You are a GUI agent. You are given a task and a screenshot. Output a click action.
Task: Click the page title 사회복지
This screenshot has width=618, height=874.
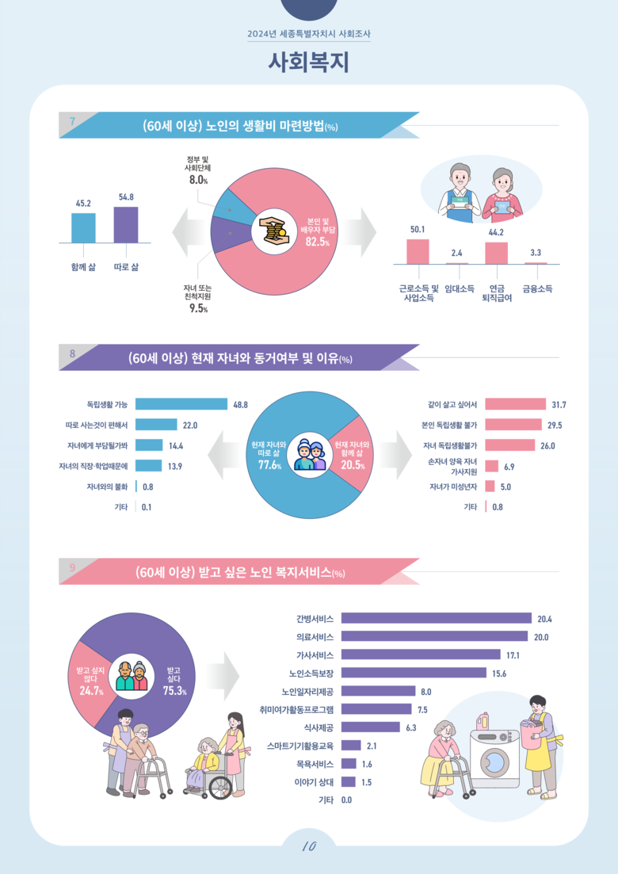pos(309,62)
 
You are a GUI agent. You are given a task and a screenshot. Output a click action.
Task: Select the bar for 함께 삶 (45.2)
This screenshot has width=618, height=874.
pos(83,228)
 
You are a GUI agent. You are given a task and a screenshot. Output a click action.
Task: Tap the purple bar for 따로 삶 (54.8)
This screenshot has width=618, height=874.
pos(126,225)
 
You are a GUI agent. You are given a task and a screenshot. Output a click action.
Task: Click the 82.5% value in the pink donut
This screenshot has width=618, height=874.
pos(317,242)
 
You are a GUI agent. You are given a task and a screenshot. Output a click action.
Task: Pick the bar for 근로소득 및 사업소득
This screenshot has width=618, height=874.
pos(418,251)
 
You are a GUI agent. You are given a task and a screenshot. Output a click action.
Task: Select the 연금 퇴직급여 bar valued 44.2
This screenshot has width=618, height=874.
pos(496,253)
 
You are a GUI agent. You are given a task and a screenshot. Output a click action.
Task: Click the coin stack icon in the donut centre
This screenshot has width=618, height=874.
pos(273,231)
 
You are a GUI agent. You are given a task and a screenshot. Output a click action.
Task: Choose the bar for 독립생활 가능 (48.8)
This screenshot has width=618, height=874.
pos(181,404)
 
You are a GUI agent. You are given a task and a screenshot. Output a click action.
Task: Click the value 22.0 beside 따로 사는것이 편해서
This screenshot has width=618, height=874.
pos(190,425)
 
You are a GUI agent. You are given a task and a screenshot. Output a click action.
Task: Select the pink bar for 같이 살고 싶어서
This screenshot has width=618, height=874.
pos(515,404)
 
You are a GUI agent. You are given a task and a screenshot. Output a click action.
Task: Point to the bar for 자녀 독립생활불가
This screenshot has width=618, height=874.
pos(510,445)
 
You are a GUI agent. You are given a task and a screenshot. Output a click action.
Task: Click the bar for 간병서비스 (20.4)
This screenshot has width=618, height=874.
pos(436,618)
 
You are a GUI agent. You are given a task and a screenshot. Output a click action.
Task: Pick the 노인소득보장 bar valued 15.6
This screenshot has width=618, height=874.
pos(414,673)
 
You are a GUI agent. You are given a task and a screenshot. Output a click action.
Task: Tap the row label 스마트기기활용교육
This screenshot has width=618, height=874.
pos(302,745)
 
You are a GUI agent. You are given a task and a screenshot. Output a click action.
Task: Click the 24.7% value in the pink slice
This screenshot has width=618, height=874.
pos(92,691)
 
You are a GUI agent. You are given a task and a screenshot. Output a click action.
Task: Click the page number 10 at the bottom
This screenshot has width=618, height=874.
pos(309,846)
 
